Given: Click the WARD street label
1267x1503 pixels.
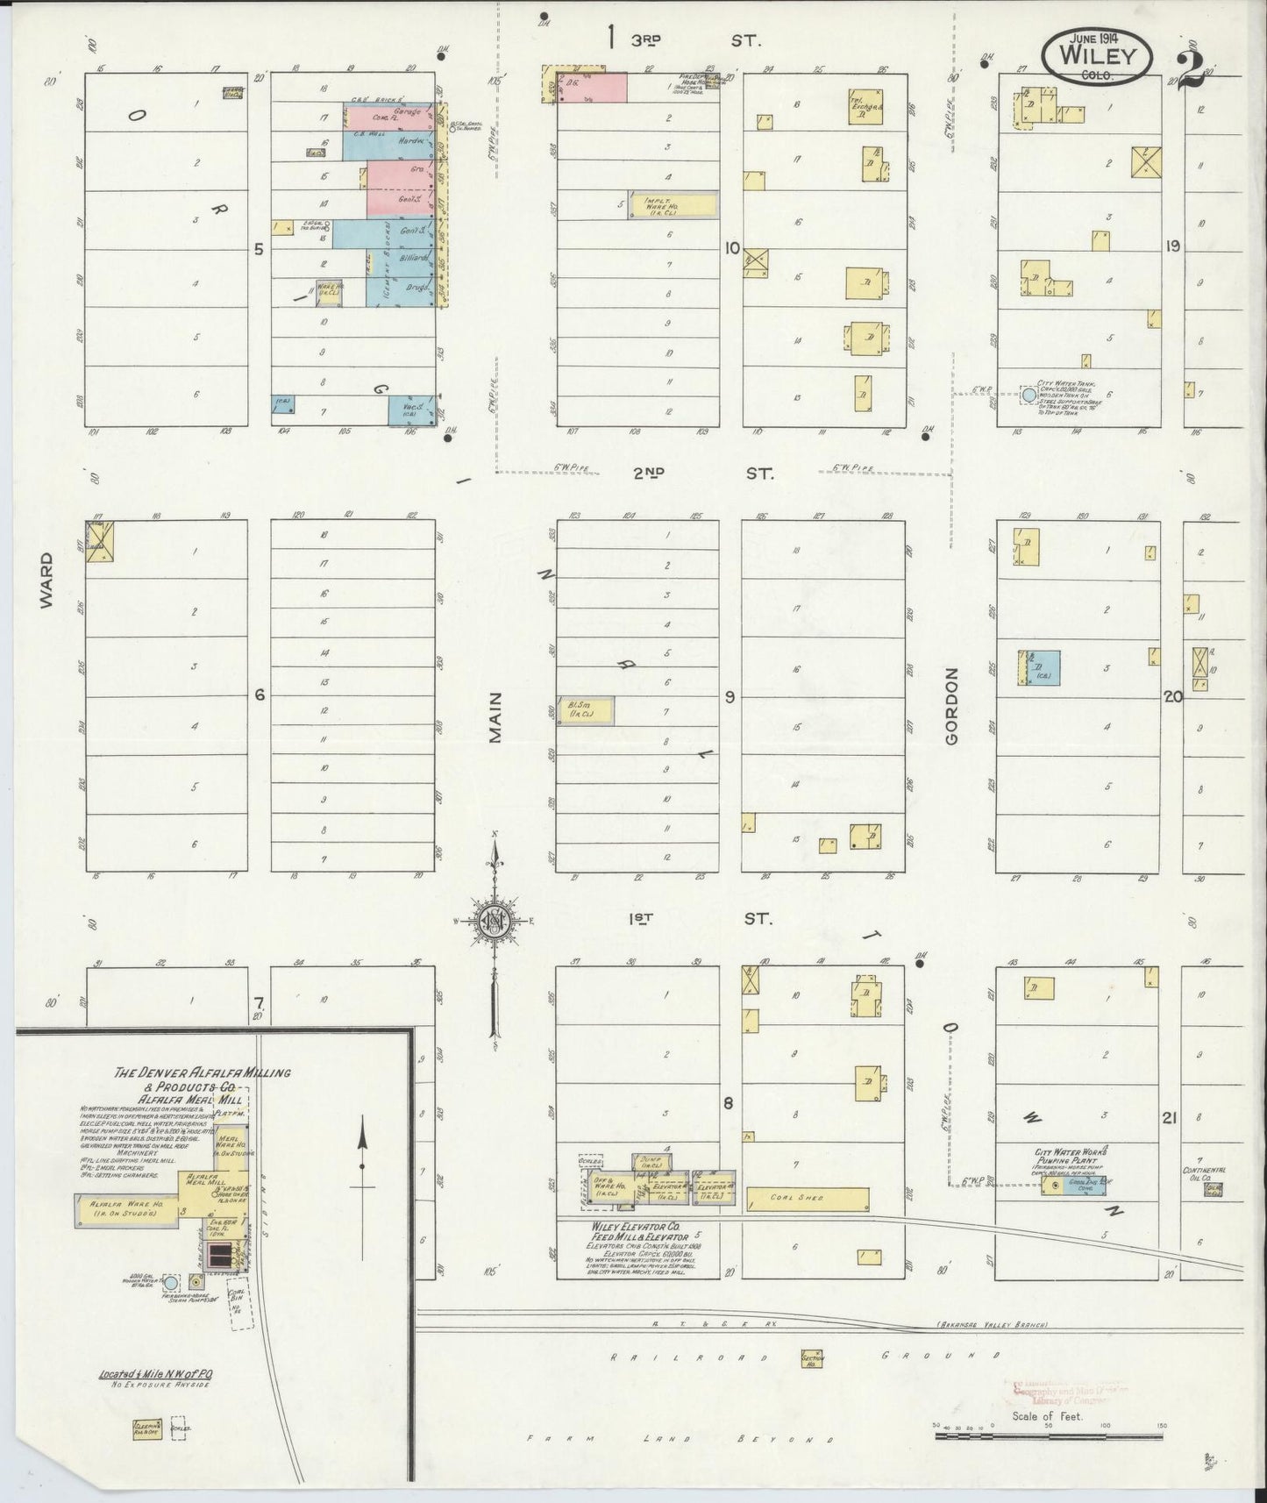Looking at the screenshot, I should click(46, 580).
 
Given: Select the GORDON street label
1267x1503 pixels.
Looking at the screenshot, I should click(951, 707).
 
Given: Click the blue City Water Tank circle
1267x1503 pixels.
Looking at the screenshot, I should click(1029, 395).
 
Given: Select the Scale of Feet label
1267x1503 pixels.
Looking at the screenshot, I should click(1047, 1415).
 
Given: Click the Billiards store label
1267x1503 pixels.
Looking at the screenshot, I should click(413, 259).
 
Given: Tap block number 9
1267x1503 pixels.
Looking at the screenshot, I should click(729, 697).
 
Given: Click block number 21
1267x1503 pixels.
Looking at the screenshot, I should click(1168, 1118).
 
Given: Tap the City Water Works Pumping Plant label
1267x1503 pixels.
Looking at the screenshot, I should click(1071, 1157).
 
